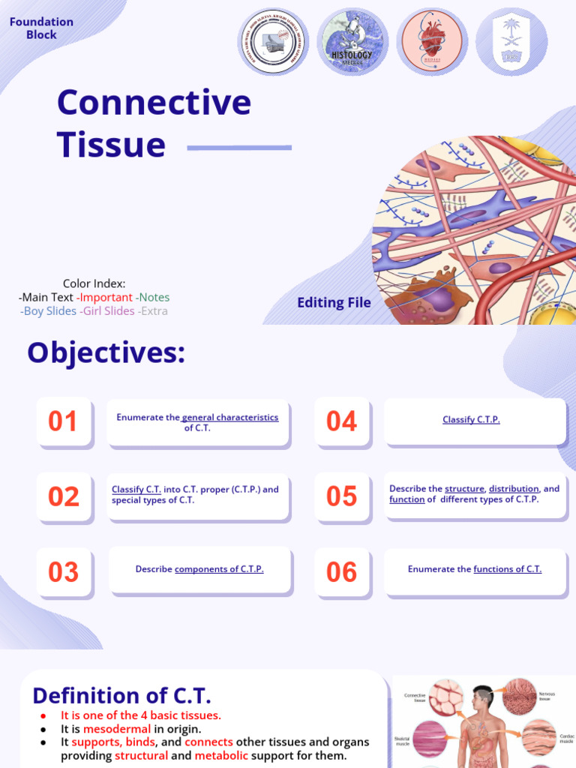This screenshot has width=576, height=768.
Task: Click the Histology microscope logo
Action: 351,42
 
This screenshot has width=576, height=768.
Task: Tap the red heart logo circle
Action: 431,42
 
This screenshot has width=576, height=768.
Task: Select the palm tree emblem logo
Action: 511,42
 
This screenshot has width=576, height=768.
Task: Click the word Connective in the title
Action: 154,102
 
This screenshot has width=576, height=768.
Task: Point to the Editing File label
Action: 334,303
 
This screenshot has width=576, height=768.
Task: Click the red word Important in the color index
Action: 106,297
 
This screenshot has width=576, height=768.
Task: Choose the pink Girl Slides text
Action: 109,310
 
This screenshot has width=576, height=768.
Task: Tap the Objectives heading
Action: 106,352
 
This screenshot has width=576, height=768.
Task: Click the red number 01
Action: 63,421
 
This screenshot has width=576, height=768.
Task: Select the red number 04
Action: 341,421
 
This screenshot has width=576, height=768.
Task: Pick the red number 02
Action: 63,496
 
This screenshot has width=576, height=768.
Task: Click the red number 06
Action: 341,572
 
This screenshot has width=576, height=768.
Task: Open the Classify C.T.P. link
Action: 471,420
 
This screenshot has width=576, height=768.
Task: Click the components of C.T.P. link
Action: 219,569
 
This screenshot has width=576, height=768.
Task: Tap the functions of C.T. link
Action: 507,569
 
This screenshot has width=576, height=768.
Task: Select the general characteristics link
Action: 229,418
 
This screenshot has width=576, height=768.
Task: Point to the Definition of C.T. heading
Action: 121,695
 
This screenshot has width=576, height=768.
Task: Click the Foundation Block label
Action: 41,28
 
